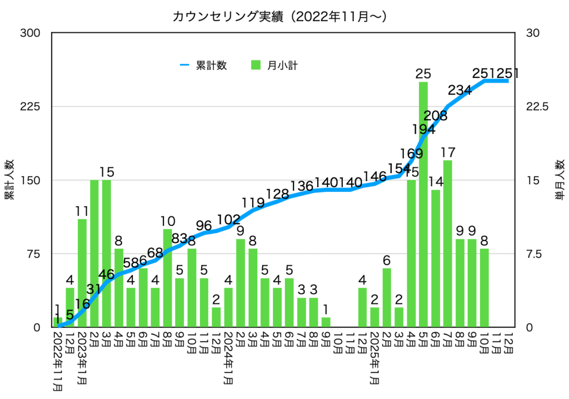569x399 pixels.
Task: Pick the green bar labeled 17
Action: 448,245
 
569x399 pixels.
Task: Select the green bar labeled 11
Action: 82,273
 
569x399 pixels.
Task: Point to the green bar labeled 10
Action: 167,278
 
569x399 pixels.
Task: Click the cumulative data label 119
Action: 253,202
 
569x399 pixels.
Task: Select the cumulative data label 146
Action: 375,177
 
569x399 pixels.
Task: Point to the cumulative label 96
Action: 204,225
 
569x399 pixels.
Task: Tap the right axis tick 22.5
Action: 537,106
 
